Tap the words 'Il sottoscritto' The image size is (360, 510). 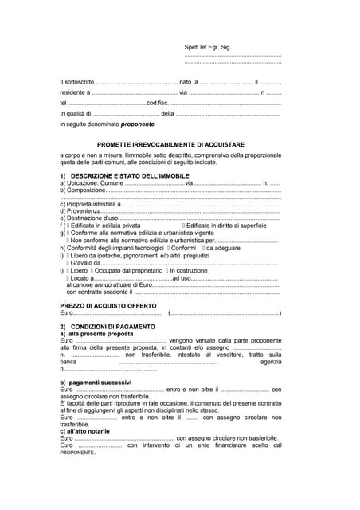pyautogui.click(x=76, y=82)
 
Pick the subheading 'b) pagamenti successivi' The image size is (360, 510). pyautogui.click(x=96, y=383)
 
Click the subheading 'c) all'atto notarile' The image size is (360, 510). pyautogui.click(x=90, y=431)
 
